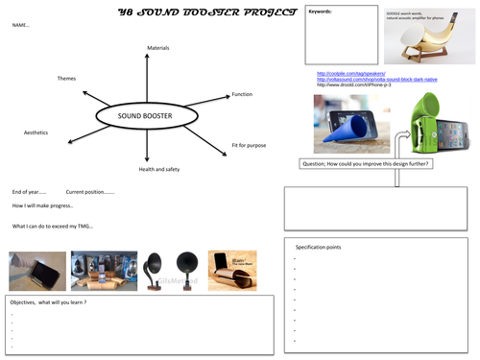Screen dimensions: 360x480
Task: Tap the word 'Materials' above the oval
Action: tap(157, 47)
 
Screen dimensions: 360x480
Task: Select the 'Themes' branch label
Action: tap(66, 78)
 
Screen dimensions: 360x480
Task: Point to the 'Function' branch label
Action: tap(242, 94)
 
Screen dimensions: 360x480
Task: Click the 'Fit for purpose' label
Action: tap(248, 145)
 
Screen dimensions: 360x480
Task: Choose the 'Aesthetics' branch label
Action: tap(36, 132)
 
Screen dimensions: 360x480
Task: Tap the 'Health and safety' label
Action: tap(160, 169)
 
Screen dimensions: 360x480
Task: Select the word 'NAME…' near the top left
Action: tap(21, 26)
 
